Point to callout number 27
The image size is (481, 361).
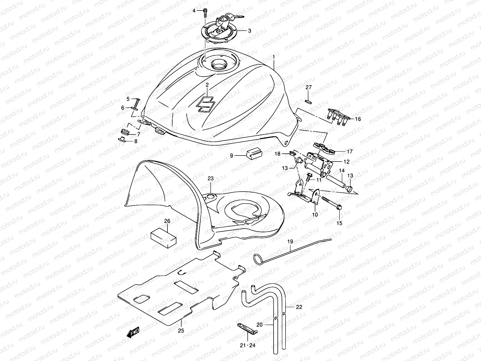(309, 87)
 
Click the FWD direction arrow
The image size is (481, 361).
(134, 332)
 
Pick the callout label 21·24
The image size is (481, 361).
(248, 345)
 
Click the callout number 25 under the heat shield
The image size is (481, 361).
(181, 330)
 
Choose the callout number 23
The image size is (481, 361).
(210, 179)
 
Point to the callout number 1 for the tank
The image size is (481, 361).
(274, 57)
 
